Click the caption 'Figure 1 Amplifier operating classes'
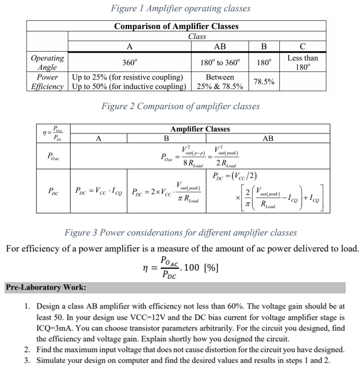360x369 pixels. (180, 8)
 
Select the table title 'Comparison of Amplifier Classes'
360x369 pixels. (176, 26)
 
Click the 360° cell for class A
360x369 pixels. (129, 62)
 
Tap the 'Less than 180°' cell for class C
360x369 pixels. (302, 62)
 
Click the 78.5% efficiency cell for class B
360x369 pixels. (263, 81)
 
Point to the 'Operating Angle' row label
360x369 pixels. (47, 62)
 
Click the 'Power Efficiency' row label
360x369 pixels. (47, 81)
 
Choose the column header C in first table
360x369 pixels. (302, 46)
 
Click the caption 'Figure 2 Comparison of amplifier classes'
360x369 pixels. (180, 106)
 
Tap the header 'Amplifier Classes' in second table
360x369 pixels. (200, 129)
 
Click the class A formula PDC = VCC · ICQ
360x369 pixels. (99, 192)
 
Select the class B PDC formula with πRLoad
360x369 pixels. (166, 192)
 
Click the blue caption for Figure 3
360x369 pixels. (180, 232)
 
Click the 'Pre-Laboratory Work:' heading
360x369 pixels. (46, 287)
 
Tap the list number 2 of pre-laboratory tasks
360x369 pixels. (28, 349)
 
